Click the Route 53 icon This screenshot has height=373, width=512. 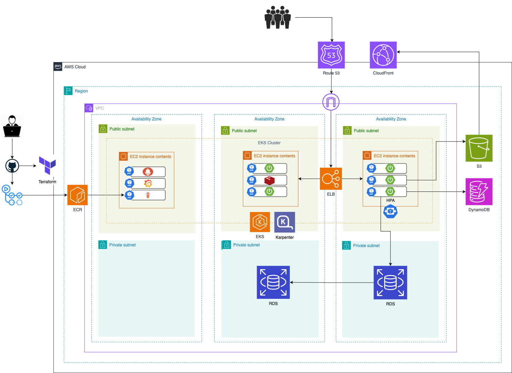pos(331,55)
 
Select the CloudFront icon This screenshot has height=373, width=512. pos(383,55)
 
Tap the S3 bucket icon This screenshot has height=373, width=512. pos(479,148)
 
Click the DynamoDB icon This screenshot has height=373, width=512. pos(479,192)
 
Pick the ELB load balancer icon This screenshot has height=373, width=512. pos(331,179)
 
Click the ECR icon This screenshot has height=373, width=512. pos(78,195)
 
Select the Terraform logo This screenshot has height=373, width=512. pos(47,165)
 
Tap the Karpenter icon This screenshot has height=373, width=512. pos(285,222)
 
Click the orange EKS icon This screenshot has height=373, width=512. pos(260,222)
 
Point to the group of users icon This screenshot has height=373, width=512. pos(278,17)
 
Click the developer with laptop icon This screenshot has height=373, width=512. pos(12,126)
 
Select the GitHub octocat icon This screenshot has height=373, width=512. pos(12,166)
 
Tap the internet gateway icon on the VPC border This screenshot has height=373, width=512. pos(331,102)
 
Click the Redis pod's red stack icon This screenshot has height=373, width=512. pos(269,180)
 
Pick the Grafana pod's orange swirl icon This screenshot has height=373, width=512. pos(148,183)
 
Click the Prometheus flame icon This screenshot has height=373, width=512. pos(148,171)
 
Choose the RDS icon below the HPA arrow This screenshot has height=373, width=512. pos(390,283)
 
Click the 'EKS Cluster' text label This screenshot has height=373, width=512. pos(269,143)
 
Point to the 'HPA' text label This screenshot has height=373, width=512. pos(390,200)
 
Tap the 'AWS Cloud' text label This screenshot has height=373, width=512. pos(75,67)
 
